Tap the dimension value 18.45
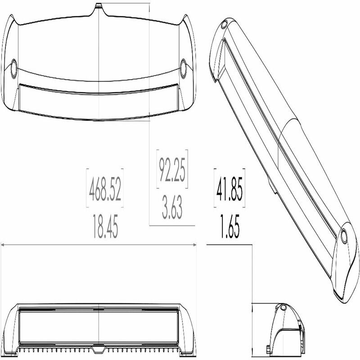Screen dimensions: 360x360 tap(105, 228)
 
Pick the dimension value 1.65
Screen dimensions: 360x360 tap(229, 228)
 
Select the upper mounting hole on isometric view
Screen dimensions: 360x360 tap(224, 25)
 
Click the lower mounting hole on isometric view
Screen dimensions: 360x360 tap(344, 236)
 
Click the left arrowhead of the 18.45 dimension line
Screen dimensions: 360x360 tap(3, 245)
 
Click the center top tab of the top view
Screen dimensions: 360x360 tap(99, 6)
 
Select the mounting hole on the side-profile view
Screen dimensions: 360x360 tap(283, 308)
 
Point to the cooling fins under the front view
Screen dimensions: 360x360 tap(99, 349)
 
